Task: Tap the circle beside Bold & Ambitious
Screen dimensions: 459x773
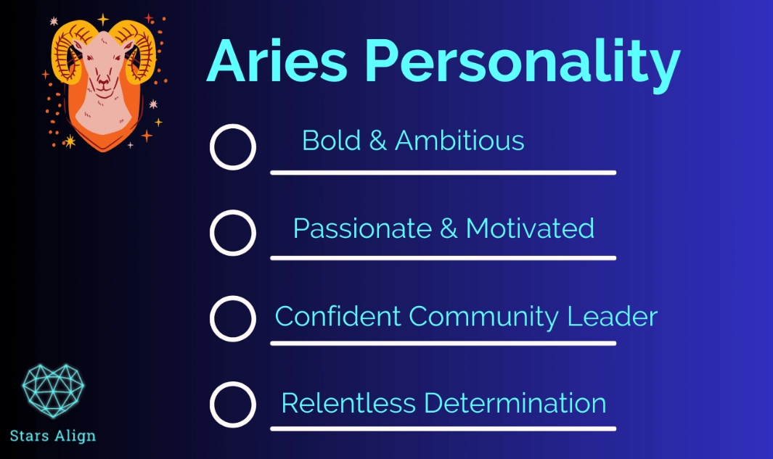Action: (233, 146)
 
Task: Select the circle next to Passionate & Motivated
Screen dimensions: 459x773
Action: (233, 233)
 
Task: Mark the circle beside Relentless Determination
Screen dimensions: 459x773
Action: (233, 404)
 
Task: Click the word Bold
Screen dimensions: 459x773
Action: (331, 141)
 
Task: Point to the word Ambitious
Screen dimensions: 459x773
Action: (459, 141)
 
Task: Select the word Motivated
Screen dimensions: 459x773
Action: (530, 228)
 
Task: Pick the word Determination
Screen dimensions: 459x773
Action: (515, 403)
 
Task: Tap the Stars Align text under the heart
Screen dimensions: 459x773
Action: (53, 436)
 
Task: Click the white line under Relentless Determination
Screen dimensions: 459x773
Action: (443, 429)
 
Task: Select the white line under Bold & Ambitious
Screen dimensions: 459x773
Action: (443, 173)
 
